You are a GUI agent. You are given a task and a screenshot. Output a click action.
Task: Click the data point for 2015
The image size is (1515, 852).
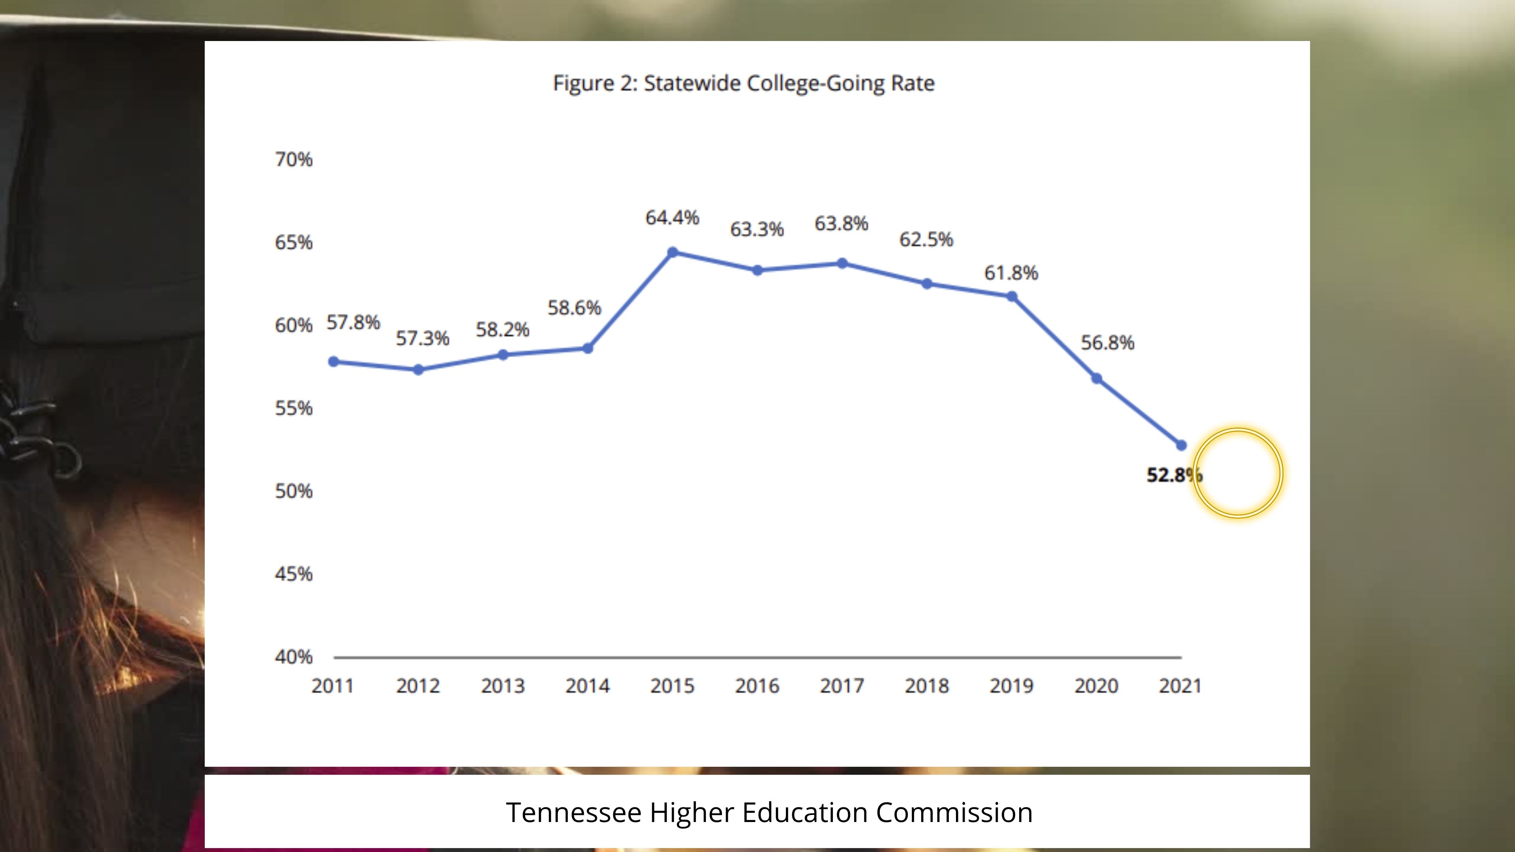[673, 252]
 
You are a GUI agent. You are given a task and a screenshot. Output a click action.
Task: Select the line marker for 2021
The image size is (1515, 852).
[1181, 445]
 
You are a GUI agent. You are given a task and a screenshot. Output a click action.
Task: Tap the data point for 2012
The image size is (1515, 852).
[418, 369]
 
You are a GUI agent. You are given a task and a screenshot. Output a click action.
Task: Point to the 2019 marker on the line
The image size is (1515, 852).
[1012, 296]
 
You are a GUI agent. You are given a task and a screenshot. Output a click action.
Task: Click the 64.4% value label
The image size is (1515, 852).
[672, 218]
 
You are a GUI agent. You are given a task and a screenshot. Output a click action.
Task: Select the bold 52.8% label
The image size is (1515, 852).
[1173, 475]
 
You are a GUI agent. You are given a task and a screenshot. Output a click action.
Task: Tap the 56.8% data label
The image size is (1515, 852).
[1107, 342]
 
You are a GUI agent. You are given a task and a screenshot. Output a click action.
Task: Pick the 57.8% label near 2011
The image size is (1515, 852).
[353, 322]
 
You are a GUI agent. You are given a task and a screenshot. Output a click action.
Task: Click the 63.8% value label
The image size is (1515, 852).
[841, 223]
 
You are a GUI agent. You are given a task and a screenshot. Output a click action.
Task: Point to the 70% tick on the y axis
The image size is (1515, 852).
[294, 159]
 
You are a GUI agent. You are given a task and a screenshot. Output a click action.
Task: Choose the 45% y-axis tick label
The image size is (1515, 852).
[294, 574]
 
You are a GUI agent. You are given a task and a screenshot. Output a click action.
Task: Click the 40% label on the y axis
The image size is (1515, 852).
[294, 657]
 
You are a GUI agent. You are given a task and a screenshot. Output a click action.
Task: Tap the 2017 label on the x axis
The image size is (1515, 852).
[842, 686]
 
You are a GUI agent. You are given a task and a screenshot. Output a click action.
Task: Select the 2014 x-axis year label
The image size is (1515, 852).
[587, 686]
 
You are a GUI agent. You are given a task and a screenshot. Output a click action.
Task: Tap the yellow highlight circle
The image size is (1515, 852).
[1238, 473]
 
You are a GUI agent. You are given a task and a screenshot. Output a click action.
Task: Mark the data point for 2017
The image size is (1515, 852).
[842, 263]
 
